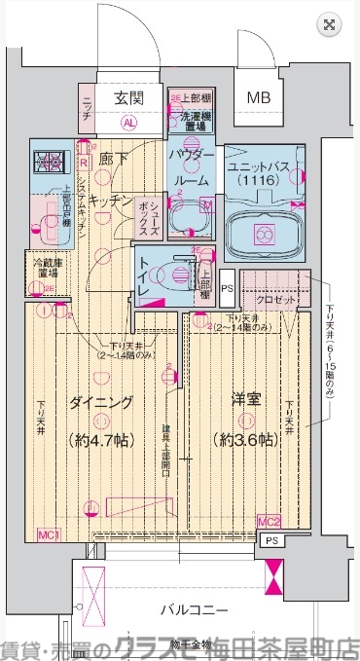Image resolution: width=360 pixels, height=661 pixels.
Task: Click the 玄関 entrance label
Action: point(128,97)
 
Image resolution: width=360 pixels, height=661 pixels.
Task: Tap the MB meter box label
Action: point(258,97)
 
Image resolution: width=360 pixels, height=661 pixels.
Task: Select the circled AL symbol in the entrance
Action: point(128,124)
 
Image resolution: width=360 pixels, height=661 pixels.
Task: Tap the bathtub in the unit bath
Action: point(262,234)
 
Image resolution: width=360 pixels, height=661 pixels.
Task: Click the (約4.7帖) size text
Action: point(99,439)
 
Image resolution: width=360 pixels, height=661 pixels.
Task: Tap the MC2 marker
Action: point(270,523)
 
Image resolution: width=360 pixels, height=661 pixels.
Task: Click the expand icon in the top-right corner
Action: point(330,24)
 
